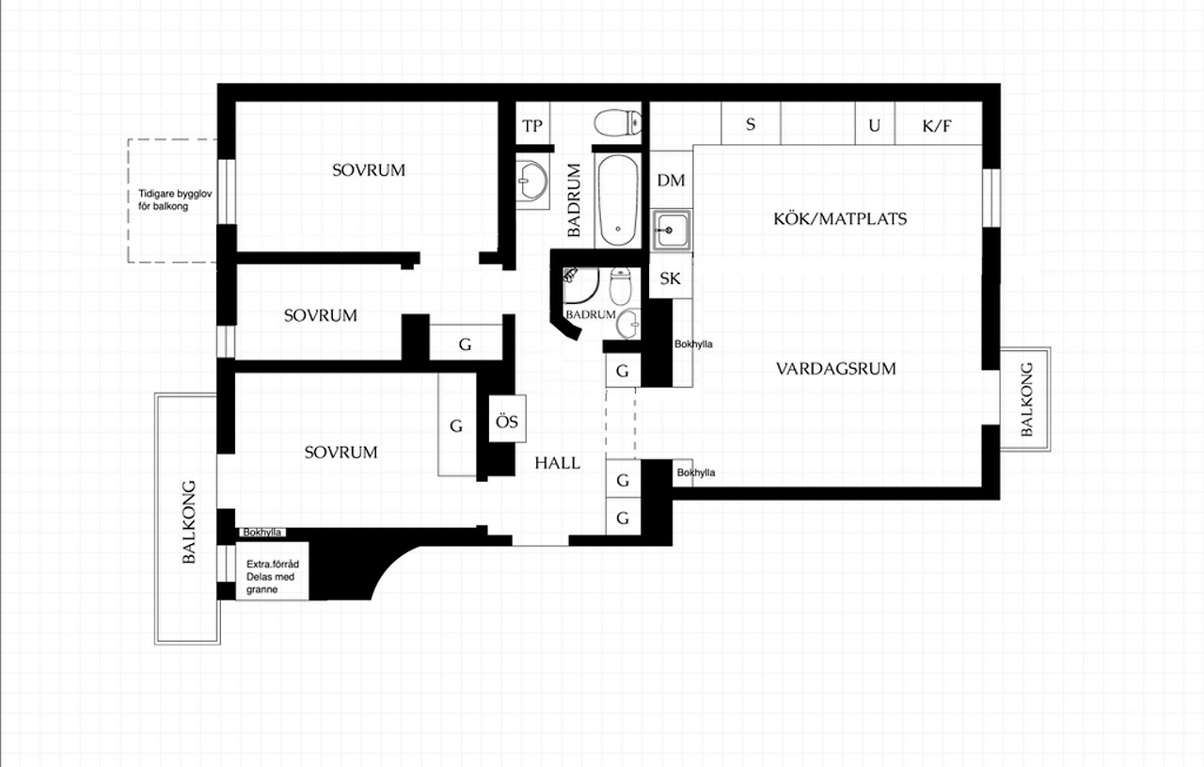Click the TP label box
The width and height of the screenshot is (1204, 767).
[x=532, y=126]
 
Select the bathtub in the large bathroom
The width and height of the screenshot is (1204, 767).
[x=618, y=200]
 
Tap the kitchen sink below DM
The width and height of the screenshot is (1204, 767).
[x=672, y=231]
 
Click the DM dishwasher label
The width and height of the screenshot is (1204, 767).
[x=671, y=180]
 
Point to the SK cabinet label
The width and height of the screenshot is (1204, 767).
[x=670, y=279]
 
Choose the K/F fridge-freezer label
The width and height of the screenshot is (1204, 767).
[x=937, y=126]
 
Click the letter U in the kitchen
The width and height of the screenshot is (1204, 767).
[x=875, y=126]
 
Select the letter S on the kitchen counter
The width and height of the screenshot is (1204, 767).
[x=751, y=124]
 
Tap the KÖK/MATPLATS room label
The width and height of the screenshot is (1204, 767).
[x=840, y=219]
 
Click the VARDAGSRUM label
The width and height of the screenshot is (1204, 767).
[x=836, y=369]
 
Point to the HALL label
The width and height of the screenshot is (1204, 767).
[x=558, y=463]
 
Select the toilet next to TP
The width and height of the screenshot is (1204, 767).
[x=618, y=122]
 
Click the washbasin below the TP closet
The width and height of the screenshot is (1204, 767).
[x=532, y=181]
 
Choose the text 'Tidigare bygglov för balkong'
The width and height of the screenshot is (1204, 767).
[x=175, y=200]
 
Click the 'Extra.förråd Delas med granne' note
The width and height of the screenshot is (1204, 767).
[x=273, y=577]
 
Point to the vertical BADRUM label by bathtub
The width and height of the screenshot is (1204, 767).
[x=574, y=200]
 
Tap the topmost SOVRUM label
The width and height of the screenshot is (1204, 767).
[x=368, y=170]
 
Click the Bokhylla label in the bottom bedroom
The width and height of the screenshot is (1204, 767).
[x=262, y=532]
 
